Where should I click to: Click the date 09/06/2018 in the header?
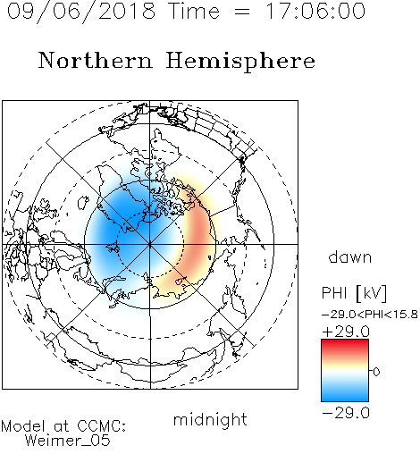tap(81, 12)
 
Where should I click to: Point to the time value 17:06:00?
tap(315, 12)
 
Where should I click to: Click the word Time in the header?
tap(194, 12)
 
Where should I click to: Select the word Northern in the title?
tap(96, 60)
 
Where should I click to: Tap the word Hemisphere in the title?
tap(240, 62)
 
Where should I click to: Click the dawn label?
tap(350, 257)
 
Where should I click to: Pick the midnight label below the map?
tap(210, 419)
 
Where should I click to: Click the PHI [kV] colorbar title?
tap(354, 293)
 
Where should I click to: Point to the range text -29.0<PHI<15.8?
tap(370, 315)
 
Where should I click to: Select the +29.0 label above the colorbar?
tap(346, 332)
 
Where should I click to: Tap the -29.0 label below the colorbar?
tap(346, 413)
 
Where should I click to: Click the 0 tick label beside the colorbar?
tap(376, 372)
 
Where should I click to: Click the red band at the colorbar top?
tap(345, 345)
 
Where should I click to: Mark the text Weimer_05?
tap(68, 441)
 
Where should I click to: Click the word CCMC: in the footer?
tap(102, 426)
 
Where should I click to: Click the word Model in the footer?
tap(23, 426)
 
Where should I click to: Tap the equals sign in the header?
tap(242, 12)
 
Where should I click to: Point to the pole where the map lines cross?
tap(150, 244)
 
